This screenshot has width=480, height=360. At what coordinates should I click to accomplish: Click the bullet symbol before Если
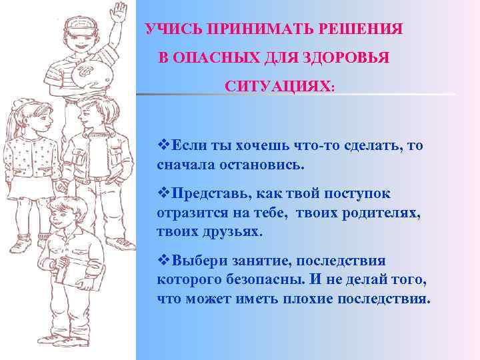pos(163,146)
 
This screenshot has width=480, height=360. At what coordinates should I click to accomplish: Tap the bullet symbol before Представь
pos(163,194)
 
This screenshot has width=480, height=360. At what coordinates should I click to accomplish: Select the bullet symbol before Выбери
pos(163,261)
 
